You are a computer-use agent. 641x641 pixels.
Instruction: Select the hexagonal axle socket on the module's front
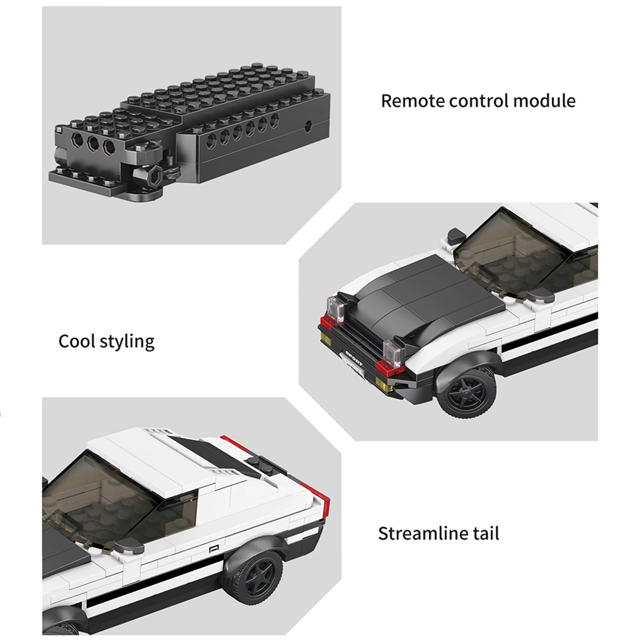(x=154, y=175)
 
